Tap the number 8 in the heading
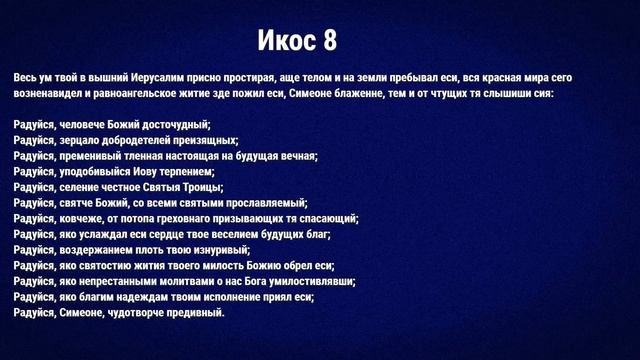(330, 42)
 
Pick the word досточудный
(175, 123)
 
